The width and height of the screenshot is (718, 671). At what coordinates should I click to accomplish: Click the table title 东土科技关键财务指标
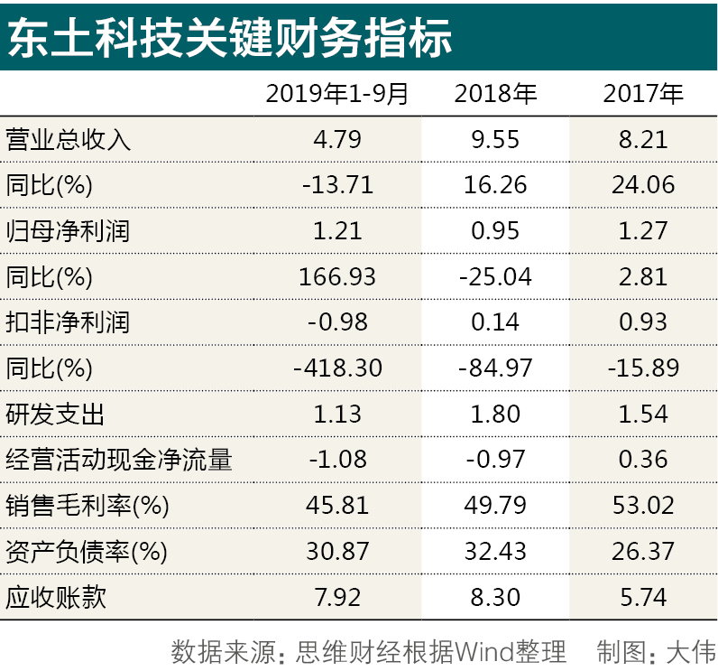click(x=230, y=38)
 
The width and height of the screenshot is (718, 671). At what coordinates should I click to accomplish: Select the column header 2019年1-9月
click(x=337, y=93)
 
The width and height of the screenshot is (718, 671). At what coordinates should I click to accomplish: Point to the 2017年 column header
click(x=643, y=93)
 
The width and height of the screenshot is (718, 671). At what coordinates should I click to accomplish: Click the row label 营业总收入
click(x=69, y=139)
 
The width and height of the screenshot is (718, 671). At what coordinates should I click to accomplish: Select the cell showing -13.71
click(x=337, y=185)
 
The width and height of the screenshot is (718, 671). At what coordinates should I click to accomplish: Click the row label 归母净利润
click(x=69, y=231)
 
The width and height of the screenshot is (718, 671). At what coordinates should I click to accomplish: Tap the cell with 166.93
click(x=337, y=276)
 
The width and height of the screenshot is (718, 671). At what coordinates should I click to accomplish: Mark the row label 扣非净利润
click(x=69, y=322)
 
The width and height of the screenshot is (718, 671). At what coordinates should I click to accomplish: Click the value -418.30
click(x=337, y=368)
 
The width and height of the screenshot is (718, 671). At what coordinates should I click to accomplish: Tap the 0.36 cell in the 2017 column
click(x=643, y=460)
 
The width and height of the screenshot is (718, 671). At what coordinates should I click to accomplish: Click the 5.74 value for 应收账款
click(x=643, y=597)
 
